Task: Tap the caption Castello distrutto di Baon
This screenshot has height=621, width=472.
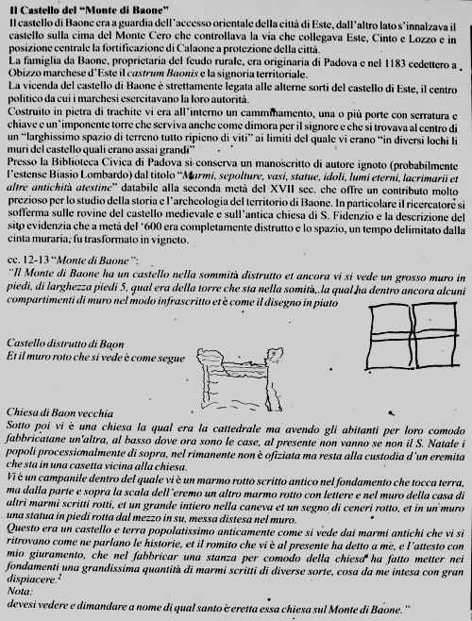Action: pos(61,342)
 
